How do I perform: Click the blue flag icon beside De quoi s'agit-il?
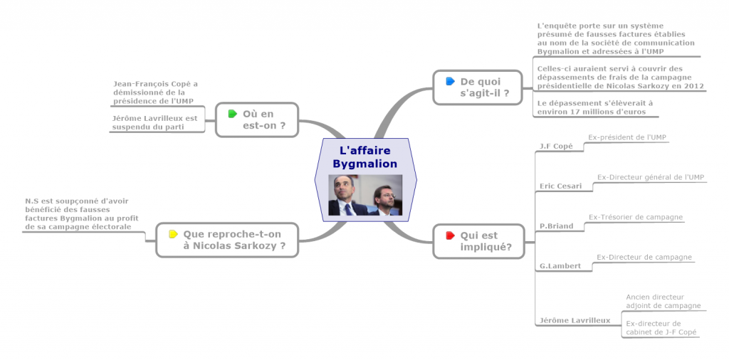450,81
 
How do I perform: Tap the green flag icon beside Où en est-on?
232,114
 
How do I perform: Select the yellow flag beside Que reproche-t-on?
173,233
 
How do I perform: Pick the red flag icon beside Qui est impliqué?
450,235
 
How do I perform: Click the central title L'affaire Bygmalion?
365,157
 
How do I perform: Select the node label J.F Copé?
556,146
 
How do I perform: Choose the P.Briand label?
557,226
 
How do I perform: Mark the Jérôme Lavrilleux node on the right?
575,320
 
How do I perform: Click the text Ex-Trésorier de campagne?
636,216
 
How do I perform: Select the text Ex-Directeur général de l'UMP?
651,176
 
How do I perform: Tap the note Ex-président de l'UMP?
627,137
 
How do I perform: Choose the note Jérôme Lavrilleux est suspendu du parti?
154,122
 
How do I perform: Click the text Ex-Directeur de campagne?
644,257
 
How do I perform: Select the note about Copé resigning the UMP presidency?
155,92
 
